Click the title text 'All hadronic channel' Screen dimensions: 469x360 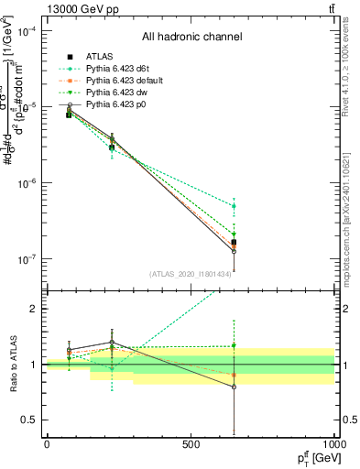pos(191,37)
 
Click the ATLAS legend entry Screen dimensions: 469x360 pos(98,57)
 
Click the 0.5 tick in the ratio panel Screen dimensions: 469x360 pos(33,420)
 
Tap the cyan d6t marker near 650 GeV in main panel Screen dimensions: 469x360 pos(234,206)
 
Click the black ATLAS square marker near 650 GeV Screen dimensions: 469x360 pos(234,243)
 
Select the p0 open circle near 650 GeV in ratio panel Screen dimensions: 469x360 pos(234,387)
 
